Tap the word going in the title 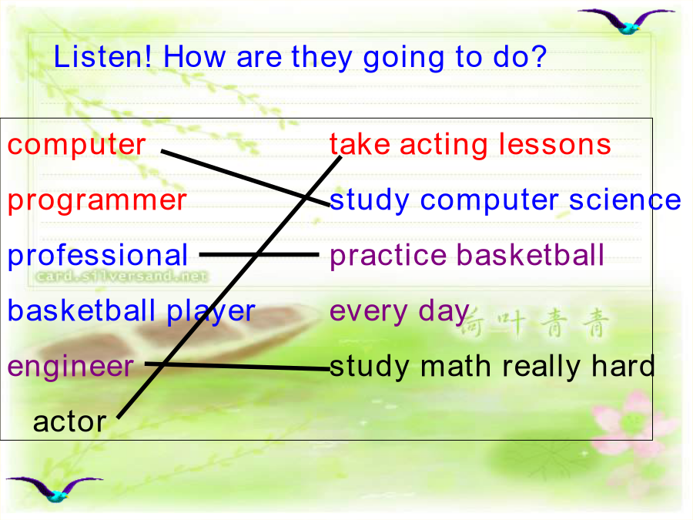coord(403,59)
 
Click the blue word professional coord(98,256)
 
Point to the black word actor coord(70,422)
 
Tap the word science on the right coord(625,200)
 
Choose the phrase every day coord(400,312)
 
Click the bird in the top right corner coord(627,22)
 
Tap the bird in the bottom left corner coord(55,489)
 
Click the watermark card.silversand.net coord(122,277)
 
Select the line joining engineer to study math coord(237,366)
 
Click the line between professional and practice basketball coord(259,255)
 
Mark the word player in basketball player coord(211,312)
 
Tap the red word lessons coord(554,145)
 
